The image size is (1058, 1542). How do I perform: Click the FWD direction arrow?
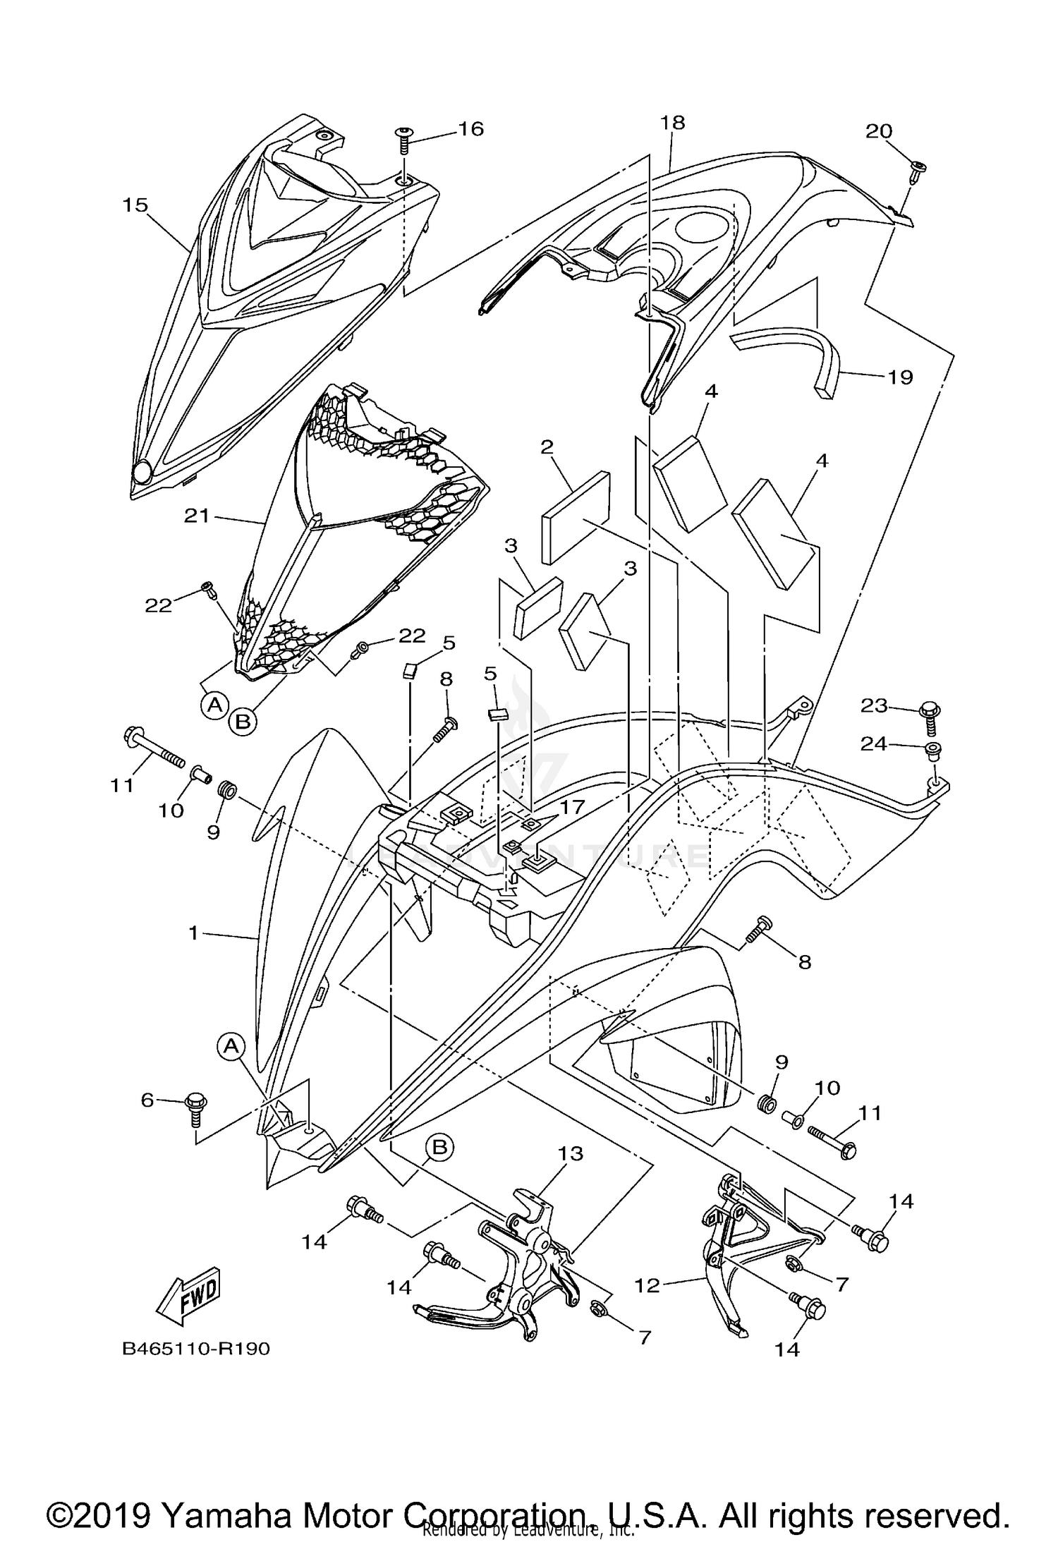[x=189, y=1295]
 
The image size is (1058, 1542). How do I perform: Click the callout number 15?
[x=135, y=206]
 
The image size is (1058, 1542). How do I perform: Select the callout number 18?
[x=672, y=123]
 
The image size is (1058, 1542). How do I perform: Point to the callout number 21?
[x=197, y=516]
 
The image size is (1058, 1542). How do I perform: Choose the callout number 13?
[x=571, y=1153]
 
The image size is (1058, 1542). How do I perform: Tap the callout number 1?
[x=194, y=933]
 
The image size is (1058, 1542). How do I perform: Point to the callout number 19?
[x=900, y=377]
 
